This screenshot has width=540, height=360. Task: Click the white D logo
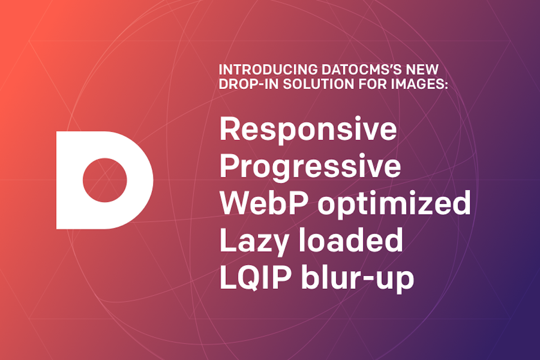pos(70,180)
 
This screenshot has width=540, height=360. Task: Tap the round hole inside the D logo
pos(105,180)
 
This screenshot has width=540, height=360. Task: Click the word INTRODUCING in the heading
pos(268,70)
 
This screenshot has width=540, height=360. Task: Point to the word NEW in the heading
pos(422,70)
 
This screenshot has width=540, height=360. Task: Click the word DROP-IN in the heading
pos(249,84)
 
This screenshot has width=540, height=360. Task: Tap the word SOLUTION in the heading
pos(319,84)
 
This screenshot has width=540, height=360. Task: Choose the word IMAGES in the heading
pos(417,84)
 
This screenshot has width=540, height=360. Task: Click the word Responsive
pos(308,130)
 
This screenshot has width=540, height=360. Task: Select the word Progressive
pos(310,167)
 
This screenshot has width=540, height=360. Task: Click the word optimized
pos(394,204)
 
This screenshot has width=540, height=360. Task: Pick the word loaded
pos(351,240)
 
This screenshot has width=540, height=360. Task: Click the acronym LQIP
pos(256,277)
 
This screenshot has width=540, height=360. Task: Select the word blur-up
pos(358,279)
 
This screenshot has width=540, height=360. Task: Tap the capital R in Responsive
pos(229,128)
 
